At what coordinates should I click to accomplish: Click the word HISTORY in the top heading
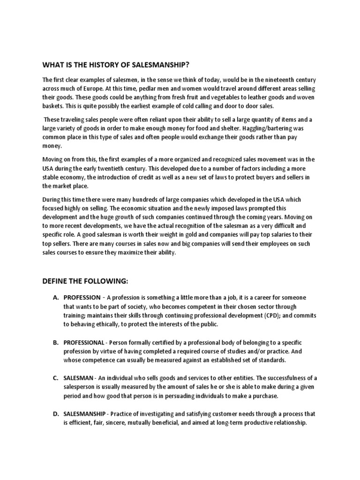(96, 64)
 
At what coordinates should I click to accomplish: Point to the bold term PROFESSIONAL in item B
(84, 343)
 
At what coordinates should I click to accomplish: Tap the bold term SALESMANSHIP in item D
(86, 414)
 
